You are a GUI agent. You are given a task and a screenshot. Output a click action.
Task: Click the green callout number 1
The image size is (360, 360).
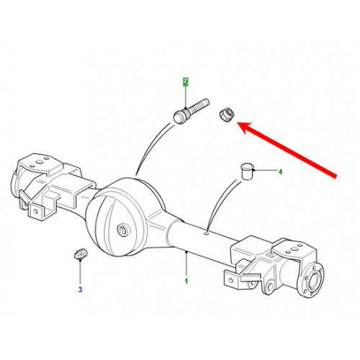pyautogui.click(x=186, y=281)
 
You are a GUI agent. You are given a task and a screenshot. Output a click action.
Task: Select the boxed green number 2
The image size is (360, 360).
pyautogui.click(x=186, y=82)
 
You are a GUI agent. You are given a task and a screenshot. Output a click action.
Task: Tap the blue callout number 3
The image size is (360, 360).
pyautogui.click(x=80, y=289)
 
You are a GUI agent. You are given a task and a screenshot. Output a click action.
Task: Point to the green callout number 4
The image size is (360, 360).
pyautogui.click(x=280, y=172)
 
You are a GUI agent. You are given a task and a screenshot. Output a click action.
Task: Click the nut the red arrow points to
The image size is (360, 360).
pyautogui.click(x=226, y=115)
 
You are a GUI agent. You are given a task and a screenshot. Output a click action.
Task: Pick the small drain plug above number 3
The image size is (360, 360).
pyautogui.click(x=81, y=254)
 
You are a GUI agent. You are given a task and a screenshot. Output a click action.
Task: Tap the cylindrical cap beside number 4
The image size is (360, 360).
pyautogui.click(x=248, y=171)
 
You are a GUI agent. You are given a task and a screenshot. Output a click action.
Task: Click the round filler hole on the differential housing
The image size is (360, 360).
pyautogui.click(x=123, y=230)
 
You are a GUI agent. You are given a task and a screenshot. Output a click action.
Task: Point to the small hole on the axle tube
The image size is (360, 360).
pyautogui.click(x=207, y=233)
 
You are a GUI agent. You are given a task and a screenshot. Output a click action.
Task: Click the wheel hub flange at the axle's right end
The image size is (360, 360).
pyautogui.click(x=312, y=280)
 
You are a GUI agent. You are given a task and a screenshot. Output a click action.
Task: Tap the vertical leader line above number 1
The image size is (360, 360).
pyautogui.click(x=186, y=264)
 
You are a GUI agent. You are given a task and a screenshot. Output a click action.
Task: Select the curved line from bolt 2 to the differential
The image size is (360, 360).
pyautogui.click(x=150, y=147)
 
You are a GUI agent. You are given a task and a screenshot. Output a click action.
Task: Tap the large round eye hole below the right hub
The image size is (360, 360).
pyautogui.click(x=271, y=287)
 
